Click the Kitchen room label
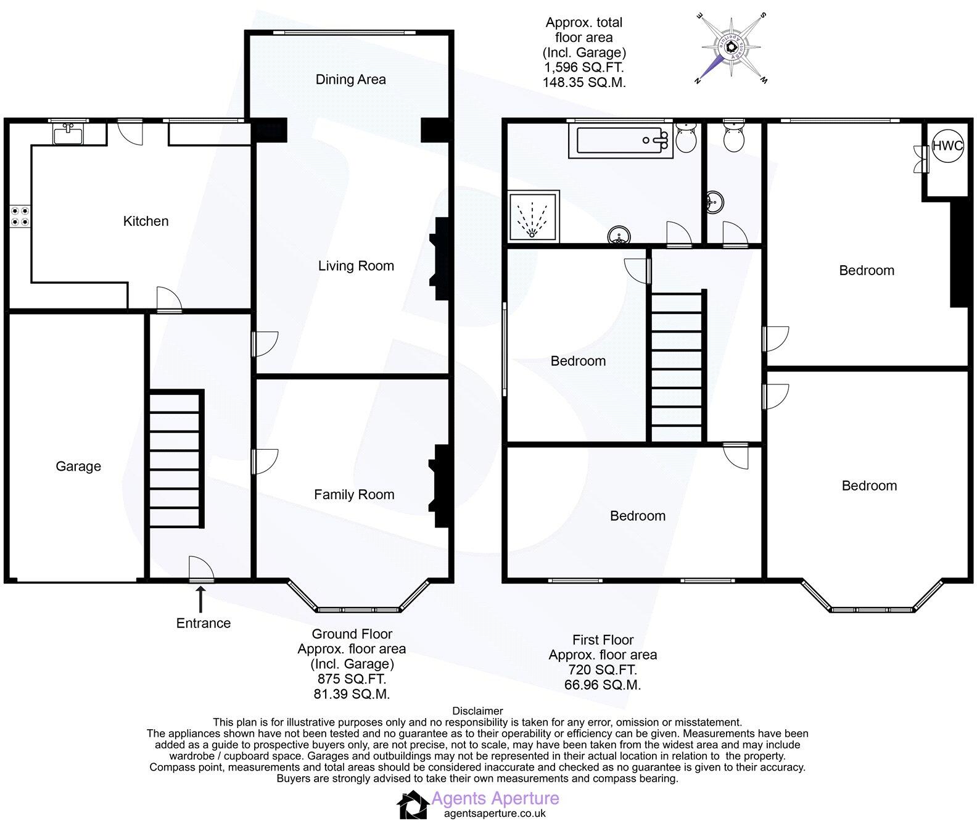pyautogui.click(x=146, y=221)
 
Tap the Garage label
pyautogui.click(x=78, y=466)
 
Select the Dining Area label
pyautogui.click(x=350, y=80)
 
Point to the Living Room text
pyautogui.click(x=356, y=266)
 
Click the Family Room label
pyautogui.click(x=354, y=494)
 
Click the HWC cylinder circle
pyautogui.click(x=947, y=146)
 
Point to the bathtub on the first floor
pyautogui.click(x=621, y=141)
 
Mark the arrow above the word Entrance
pyautogui.click(x=200, y=598)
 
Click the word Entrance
pyautogui.click(x=204, y=623)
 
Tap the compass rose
pyautogui.click(x=732, y=48)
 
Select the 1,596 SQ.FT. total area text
pyautogui.click(x=583, y=68)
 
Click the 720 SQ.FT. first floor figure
pyautogui.click(x=602, y=670)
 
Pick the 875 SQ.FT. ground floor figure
pyautogui.click(x=352, y=679)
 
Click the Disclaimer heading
pyautogui.click(x=477, y=711)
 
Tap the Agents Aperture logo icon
pyautogui.click(x=412, y=805)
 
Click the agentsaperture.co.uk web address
pyautogui.click(x=495, y=814)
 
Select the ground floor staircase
pyautogui.click(x=176, y=460)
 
